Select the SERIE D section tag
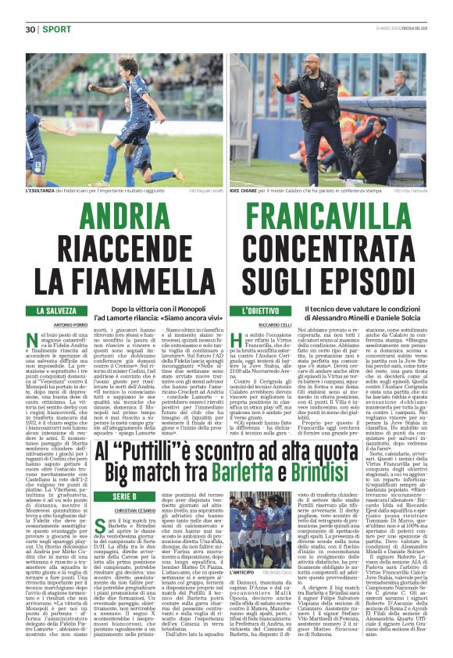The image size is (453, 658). click(x=37, y=496)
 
